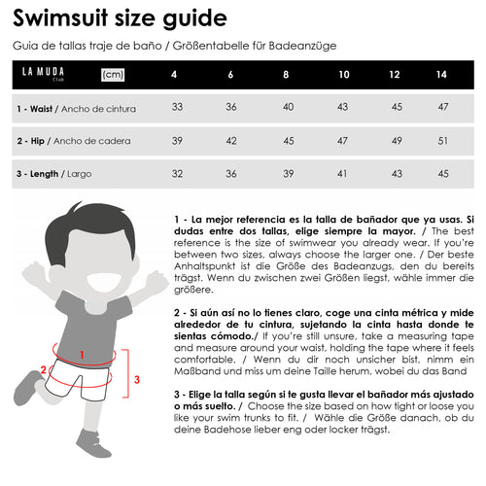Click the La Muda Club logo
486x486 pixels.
point(43,74)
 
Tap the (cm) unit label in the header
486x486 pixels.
point(113,75)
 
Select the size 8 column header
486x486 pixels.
point(286,75)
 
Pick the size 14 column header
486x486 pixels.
point(441,75)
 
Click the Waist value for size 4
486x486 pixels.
point(177,107)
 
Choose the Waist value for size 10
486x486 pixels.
point(342,107)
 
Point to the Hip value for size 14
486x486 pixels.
point(443,141)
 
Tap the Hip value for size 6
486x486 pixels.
point(231,141)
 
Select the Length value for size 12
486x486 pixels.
point(397,174)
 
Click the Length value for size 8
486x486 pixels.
point(289,174)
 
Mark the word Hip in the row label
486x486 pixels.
point(38,141)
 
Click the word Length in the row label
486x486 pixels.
point(44,174)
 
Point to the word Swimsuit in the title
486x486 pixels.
point(60,17)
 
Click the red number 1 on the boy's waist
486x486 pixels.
point(82,355)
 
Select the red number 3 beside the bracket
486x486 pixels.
point(137,379)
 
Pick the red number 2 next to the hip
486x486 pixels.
point(44,369)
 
